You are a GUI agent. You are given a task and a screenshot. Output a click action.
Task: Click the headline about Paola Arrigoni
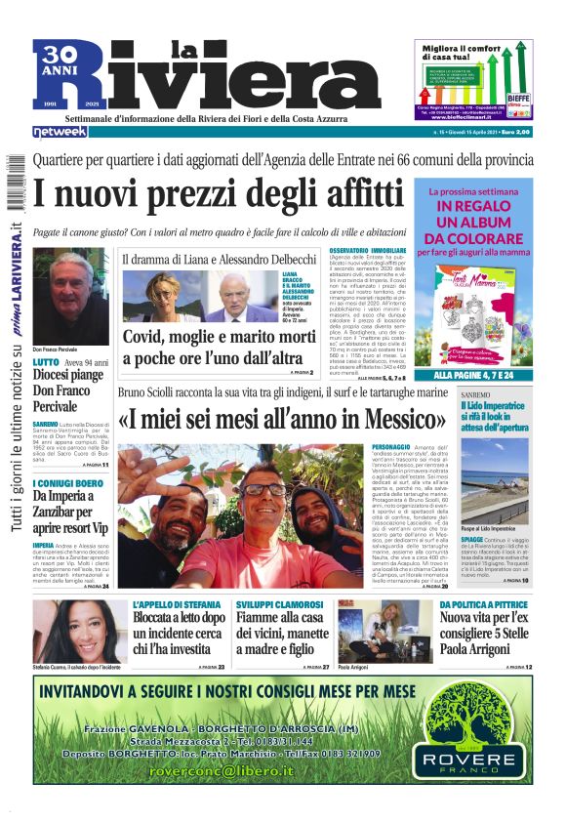click(x=486, y=637)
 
